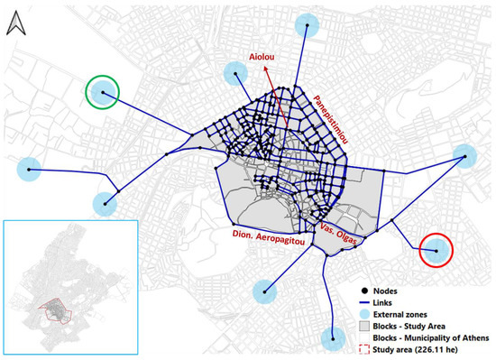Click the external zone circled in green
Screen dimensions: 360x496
coord(103,91)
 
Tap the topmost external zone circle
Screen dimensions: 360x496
coord(311,25)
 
